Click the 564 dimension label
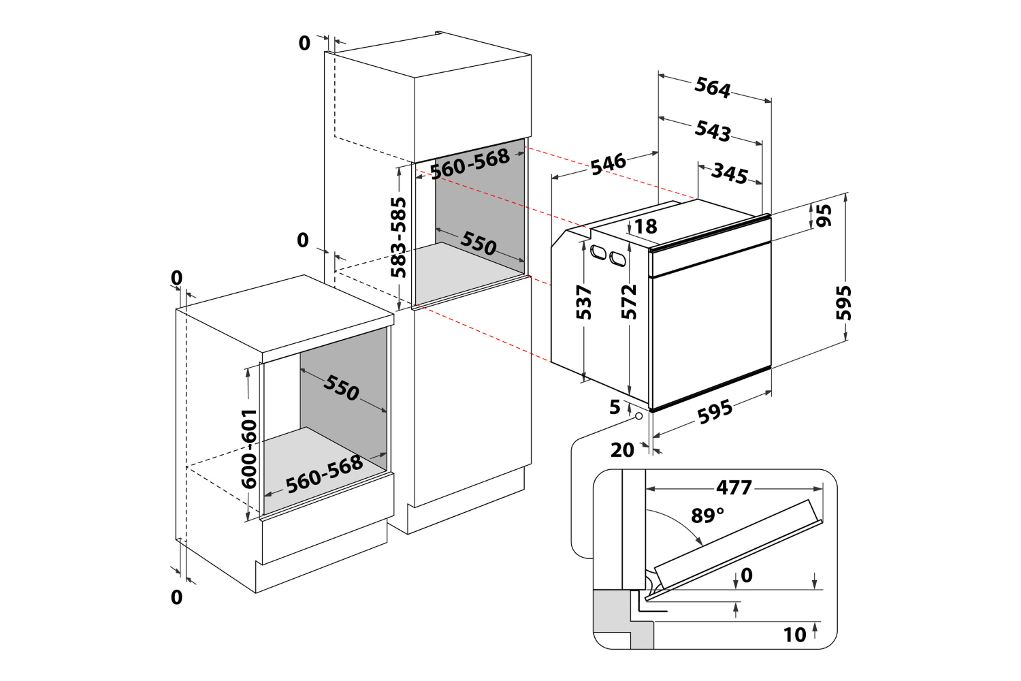pyautogui.click(x=712, y=88)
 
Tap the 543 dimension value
pyautogui.click(x=713, y=130)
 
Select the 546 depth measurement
pyautogui.click(x=608, y=163)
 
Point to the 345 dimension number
pyautogui.click(x=730, y=174)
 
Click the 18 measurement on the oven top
pyautogui.click(x=645, y=226)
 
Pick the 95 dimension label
pyautogui.click(x=824, y=215)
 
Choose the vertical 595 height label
pyautogui.click(x=843, y=302)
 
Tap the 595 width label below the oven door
pyautogui.click(x=715, y=412)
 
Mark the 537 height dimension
pyautogui.click(x=584, y=302)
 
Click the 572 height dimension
pyautogui.click(x=629, y=302)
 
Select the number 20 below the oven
pyautogui.click(x=622, y=450)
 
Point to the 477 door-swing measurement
pyautogui.click(x=734, y=488)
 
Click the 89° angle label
pyautogui.click(x=707, y=516)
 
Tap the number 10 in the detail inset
pyautogui.click(x=794, y=635)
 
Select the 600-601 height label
pyautogui.click(x=249, y=448)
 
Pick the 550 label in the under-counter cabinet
pyautogui.click(x=341, y=387)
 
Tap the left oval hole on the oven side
pyautogui.click(x=598, y=252)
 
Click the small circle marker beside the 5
pyautogui.click(x=638, y=416)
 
